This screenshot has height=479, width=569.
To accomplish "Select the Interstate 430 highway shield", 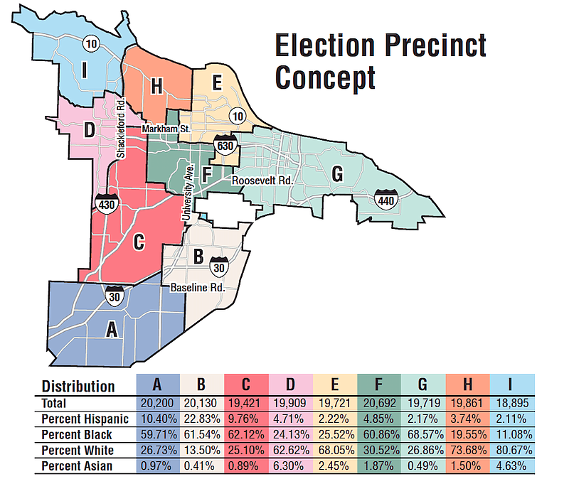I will coord(103,203).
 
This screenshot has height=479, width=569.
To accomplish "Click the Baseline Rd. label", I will coord(197,288).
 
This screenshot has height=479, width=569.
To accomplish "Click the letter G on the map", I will coord(337,173).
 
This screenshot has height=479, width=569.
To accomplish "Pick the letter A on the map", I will coord(112,329).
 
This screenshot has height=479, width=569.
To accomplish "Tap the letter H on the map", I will coord(158,87).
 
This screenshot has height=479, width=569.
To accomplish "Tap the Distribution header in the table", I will coord(78,386).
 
